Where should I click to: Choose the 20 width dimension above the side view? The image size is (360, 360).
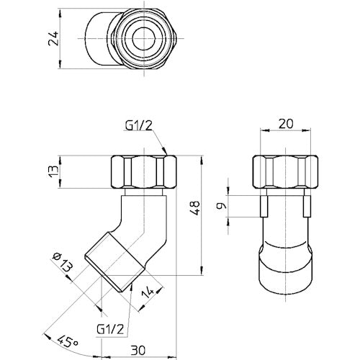[x=284, y=125]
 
